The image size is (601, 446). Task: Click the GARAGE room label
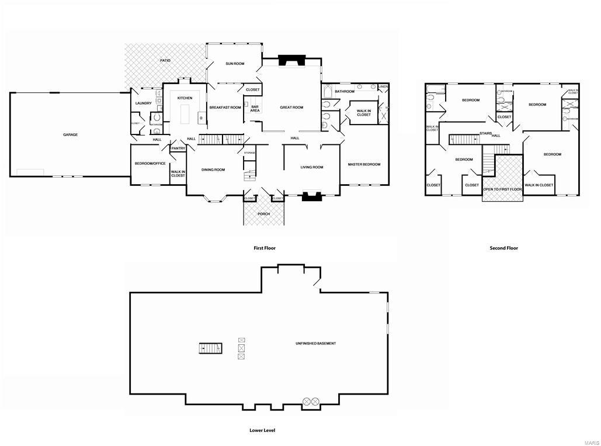(x=70, y=134)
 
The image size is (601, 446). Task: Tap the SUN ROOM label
(x=235, y=64)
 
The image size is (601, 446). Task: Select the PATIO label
(x=166, y=60)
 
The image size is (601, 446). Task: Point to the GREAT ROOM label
(x=291, y=108)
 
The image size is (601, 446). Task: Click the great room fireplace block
(x=290, y=60)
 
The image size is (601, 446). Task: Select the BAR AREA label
(x=255, y=109)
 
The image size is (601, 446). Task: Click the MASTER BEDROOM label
(x=364, y=164)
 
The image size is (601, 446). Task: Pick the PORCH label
(x=264, y=214)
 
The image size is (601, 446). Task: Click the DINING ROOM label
(x=213, y=170)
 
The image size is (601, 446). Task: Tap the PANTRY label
(x=178, y=148)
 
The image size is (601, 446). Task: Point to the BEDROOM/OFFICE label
(x=150, y=164)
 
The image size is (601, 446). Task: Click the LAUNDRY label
(x=143, y=103)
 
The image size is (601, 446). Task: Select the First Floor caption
(x=264, y=248)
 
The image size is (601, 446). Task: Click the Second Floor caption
(x=503, y=248)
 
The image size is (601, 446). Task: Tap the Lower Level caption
(x=262, y=430)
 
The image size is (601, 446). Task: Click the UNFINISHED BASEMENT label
(x=315, y=343)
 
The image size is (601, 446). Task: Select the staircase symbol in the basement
(x=211, y=348)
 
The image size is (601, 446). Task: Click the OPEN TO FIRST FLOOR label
(x=502, y=190)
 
